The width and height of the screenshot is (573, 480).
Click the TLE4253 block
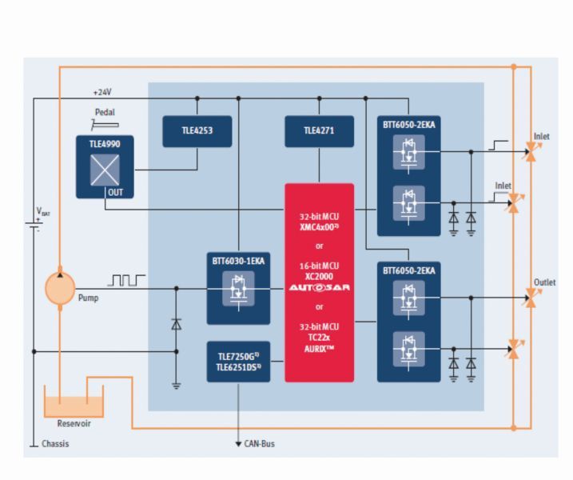[197, 131]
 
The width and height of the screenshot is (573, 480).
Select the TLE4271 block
[319, 131]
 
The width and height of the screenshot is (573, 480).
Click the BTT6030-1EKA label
[238, 261]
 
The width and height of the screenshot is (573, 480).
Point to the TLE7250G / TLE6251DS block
[238, 361]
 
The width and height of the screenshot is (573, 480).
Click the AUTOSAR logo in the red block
[319, 287]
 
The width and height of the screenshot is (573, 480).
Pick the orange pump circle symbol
[59, 287]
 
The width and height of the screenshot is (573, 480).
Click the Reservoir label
[74, 423]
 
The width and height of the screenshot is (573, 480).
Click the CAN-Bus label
[260, 443]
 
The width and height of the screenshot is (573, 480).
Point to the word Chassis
[54, 443]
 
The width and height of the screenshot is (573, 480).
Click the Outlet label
[545, 282]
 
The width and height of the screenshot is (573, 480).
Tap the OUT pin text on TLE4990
[115, 192]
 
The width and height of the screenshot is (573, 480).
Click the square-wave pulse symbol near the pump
[126, 280]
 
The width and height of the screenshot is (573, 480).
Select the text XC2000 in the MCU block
[319, 274]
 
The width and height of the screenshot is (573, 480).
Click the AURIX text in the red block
[319, 349]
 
